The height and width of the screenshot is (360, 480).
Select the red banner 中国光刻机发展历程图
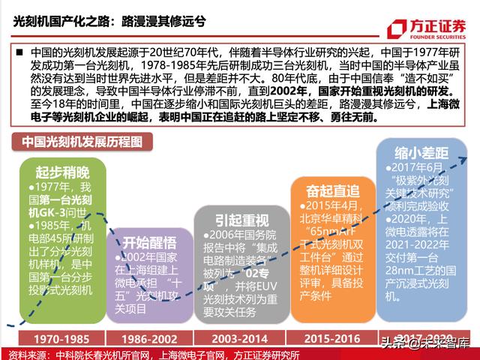pos(75,142)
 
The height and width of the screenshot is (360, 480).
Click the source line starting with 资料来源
pos(150,354)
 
